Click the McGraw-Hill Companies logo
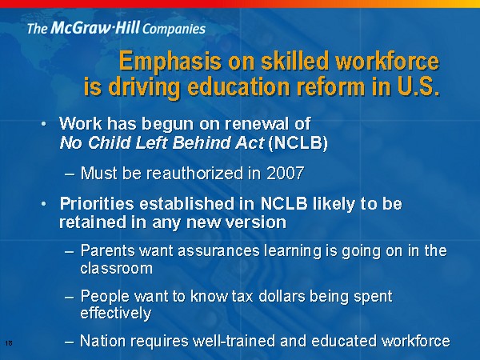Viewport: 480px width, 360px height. [116, 28]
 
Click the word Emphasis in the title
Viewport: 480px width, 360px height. [170, 62]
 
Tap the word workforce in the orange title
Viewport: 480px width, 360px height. [387, 61]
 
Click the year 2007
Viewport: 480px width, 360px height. [286, 174]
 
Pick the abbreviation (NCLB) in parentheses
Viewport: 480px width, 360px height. [298, 142]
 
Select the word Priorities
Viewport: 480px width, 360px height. [97, 203]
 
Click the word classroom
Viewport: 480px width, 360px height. [116, 268]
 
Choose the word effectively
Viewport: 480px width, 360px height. [116, 314]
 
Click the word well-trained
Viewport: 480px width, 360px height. [234, 341]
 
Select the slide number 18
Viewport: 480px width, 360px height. [9, 343]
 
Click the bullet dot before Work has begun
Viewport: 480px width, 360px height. [44, 124]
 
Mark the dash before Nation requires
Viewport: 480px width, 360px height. [70, 342]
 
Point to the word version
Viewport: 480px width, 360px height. [256, 222]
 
